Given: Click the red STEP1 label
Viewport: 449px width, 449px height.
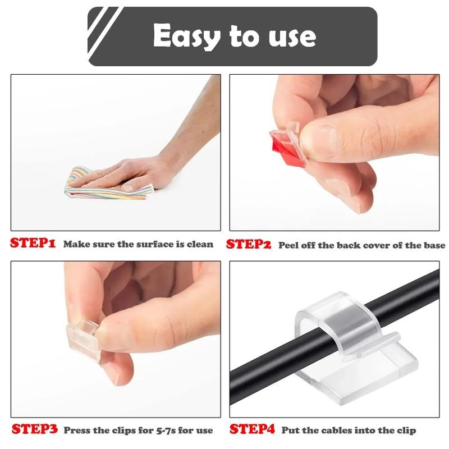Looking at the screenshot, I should pyautogui.click(x=33, y=244).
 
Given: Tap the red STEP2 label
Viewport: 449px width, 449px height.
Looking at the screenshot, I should pyautogui.click(x=249, y=244).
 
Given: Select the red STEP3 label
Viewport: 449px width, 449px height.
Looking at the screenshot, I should pyautogui.click(x=34, y=430).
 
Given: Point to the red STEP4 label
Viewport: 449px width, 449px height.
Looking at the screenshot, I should pyautogui.click(x=252, y=430).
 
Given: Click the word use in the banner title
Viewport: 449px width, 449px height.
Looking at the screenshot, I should pyautogui.click(x=291, y=36).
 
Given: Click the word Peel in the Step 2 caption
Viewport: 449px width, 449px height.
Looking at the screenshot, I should pyautogui.click(x=290, y=245).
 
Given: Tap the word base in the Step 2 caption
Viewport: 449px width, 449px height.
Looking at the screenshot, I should pyautogui.click(x=433, y=245).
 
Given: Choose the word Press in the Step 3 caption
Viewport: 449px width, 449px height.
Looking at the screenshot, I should pyautogui.click(x=78, y=430).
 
